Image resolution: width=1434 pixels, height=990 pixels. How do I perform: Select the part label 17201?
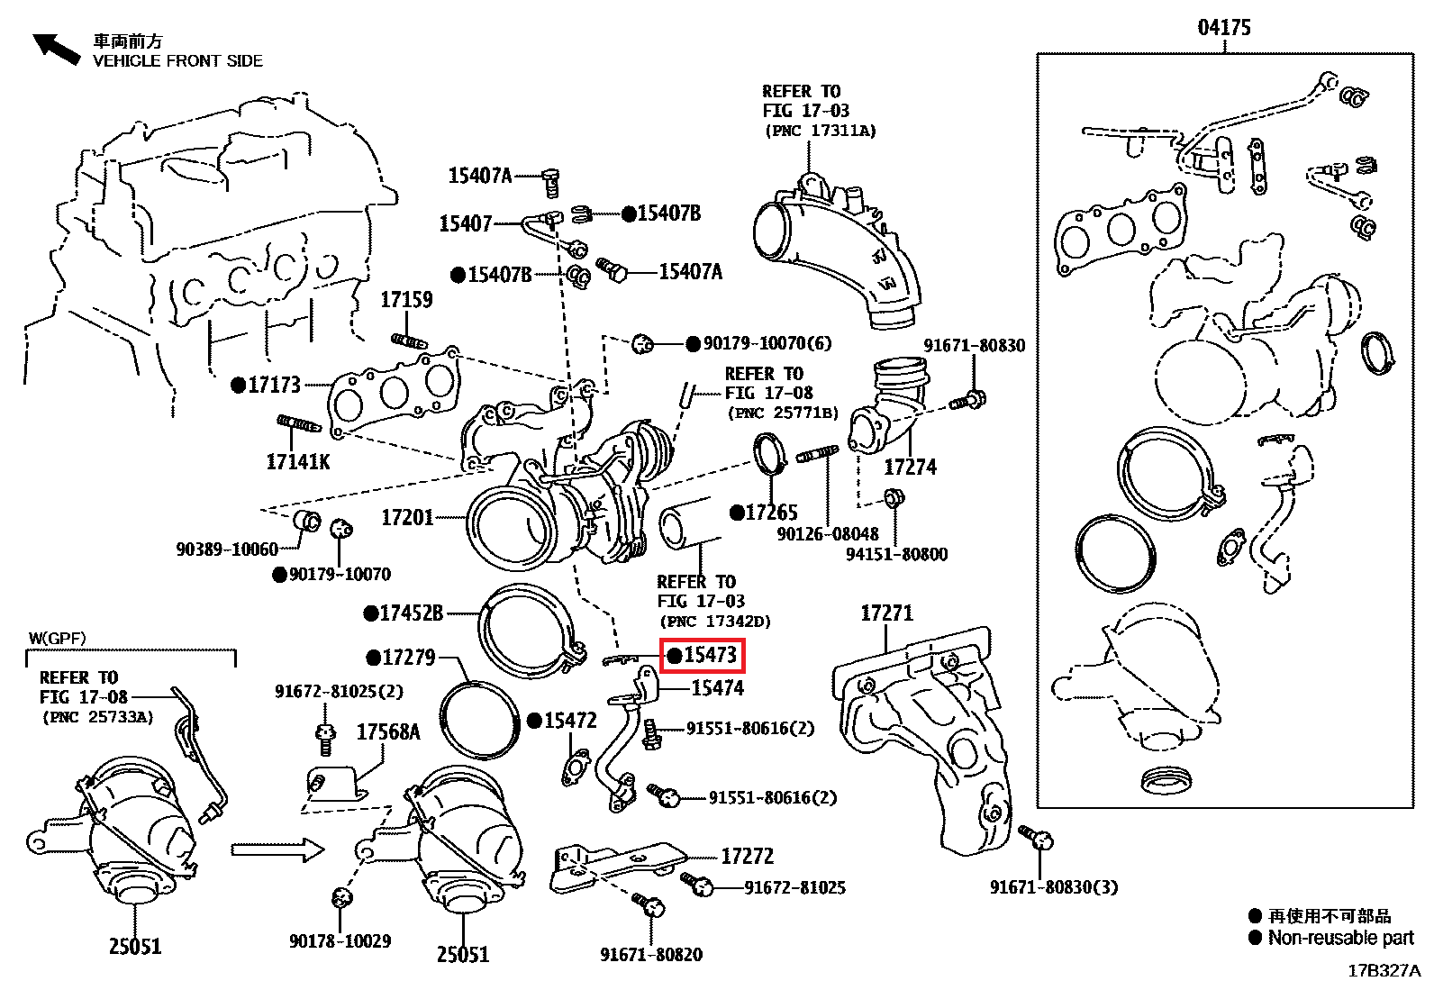[x=407, y=518]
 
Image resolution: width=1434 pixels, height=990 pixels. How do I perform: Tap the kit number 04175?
[x=1223, y=28]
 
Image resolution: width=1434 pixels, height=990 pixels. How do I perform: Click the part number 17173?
[x=274, y=386]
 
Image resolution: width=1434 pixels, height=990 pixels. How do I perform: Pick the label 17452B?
[x=412, y=613]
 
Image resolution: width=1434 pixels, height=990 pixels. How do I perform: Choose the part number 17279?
[x=408, y=658]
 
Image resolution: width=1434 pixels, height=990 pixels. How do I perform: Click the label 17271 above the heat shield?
[x=886, y=613]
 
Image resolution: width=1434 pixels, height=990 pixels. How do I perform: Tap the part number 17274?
[x=910, y=467]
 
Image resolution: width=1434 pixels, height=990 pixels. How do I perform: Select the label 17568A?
[x=388, y=731]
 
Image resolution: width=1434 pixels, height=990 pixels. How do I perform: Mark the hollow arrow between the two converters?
[x=277, y=849]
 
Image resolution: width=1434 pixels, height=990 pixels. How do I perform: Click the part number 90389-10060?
[x=227, y=549]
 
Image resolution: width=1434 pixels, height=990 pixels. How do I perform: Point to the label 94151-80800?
[x=896, y=554]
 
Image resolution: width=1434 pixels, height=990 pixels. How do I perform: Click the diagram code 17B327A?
[x=1385, y=971]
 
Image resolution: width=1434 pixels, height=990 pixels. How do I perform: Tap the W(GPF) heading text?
[x=57, y=639]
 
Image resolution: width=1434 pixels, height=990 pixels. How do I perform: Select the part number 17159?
[x=406, y=300]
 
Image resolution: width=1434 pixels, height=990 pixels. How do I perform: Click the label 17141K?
[x=298, y=462]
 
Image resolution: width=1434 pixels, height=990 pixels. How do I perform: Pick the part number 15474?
[x=717, y=688]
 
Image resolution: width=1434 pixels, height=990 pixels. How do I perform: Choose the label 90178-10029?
[x=340, y=941]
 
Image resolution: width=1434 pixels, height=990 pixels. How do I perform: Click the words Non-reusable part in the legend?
[x=1340, y=938]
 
